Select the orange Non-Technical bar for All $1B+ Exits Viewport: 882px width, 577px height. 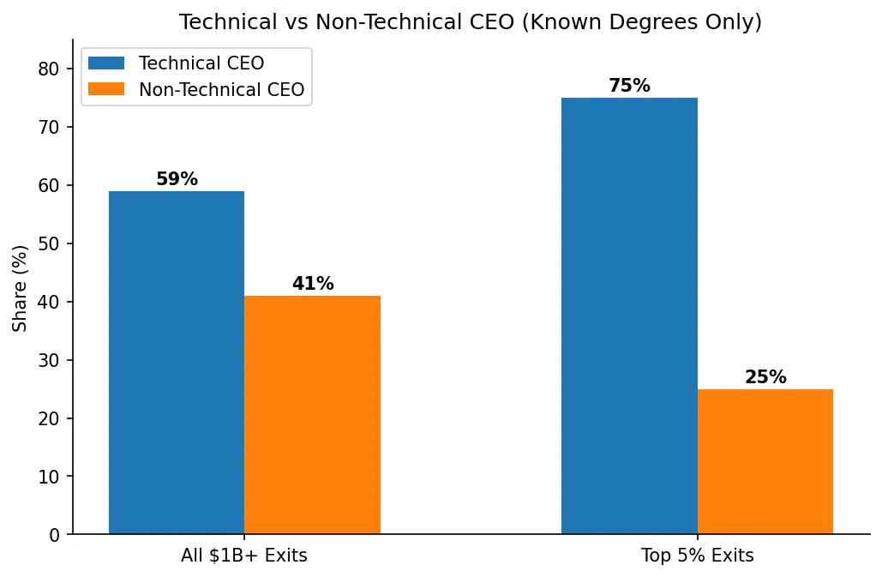[312, 415]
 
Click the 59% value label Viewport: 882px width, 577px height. [177, 180]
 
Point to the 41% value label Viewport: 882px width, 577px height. [313, 285]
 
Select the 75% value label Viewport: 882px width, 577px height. [629, 87]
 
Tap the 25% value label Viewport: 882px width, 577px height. [765, 378]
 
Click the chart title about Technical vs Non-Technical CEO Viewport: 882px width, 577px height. [470, 22]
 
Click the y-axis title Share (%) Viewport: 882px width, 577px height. [21, 288]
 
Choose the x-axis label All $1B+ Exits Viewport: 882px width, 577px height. [244, 556]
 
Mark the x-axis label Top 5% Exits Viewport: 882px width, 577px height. [697, 556]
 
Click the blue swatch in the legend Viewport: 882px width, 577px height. [106, 63]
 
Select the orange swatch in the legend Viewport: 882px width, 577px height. [106, 89]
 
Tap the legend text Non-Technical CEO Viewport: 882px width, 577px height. [221, 90]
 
